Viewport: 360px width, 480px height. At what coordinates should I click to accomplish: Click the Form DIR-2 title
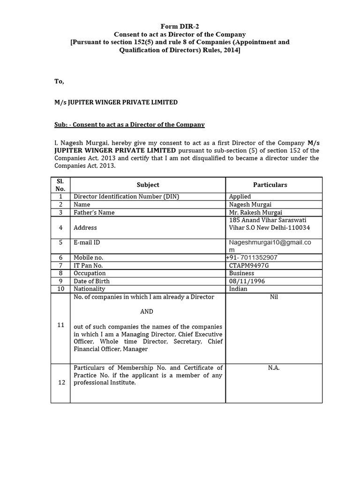pyautogui.click(x=180, y=27)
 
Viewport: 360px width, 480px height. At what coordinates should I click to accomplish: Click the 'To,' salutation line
pyautogui.click(x=59, y=81)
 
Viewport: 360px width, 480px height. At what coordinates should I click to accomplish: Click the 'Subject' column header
pyautogui.click(x=148, y=185)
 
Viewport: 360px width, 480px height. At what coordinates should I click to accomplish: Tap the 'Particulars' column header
pyautogui.click(x=270, y=185)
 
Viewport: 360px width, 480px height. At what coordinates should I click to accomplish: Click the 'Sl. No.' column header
pyautogui.click(x=60, y=185)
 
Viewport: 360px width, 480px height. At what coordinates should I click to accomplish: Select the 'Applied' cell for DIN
pyautogui.click(x=240, y=196)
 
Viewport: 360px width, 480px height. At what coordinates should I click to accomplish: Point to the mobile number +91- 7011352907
pyautogui.click(x=251, y=257)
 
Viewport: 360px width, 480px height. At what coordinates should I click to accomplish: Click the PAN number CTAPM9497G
pyautogui.click(x=249, y=265)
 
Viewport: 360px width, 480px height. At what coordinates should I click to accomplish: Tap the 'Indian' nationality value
pyautogui.click(x=239, y=289)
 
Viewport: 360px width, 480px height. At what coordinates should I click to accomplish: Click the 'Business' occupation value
pyautogui.click(x=241, y=273)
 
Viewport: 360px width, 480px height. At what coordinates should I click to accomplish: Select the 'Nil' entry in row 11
pyautogui.click(x=274, y=297)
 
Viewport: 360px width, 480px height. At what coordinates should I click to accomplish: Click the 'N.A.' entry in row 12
pyautogui.click(x=274, y=368)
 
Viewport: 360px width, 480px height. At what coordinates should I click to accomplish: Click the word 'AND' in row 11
pyautogui.click(x=147, y=311)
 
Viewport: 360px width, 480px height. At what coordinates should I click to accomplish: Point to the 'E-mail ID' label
pyautogui.click(x=87, y=242)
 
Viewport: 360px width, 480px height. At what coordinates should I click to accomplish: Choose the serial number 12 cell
pyautogui.click(x=61, y=382)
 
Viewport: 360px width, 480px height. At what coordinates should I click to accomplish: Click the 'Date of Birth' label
pyautogui.click(x=92, y=281)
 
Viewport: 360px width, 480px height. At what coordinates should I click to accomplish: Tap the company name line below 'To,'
pyautogui.click(x=116, y=102)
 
